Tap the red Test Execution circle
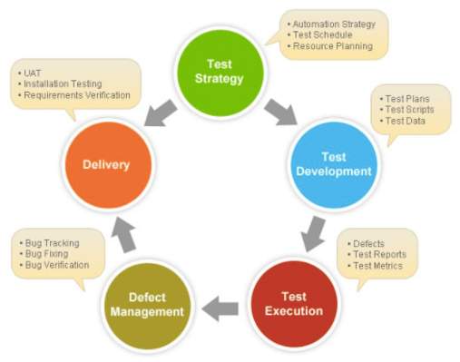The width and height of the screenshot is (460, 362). [292, 303]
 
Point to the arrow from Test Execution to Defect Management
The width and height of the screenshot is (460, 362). [220, 309]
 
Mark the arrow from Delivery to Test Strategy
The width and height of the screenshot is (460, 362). [161, 111]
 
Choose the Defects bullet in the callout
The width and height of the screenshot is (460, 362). [368, 243]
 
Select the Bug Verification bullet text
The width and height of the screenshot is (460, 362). [57, 265]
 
